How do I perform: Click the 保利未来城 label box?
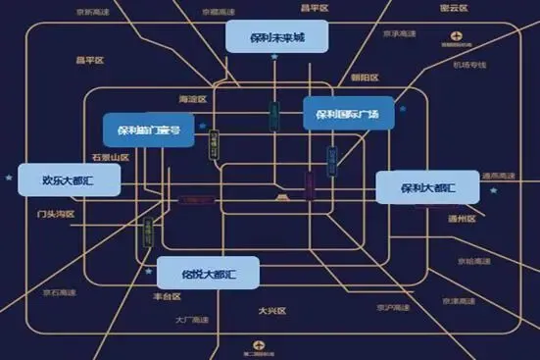pyautogui.click(x=277, y=37)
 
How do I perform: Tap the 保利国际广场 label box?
pyautogui.click(x=347, y=114)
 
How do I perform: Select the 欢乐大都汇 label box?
pyautogui.click(x=67, y=180)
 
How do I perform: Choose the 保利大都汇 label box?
pyautogui.click(x=427, y=186)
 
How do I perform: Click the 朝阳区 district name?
pyautogui.click(x=365, y=77)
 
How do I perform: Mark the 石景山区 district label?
pyautogui.click(x=110, y=157)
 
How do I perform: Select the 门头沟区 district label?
pyautogui.click(x=55, y=213)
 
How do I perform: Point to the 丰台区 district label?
pyautogui.click(x=169, y=295)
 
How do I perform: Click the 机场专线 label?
pyautogui.click(x=469, y=65)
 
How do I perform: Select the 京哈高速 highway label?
pyautogui.click(x=472, y=261)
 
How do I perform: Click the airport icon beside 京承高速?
pyautogui.click(x=456, y=35)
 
